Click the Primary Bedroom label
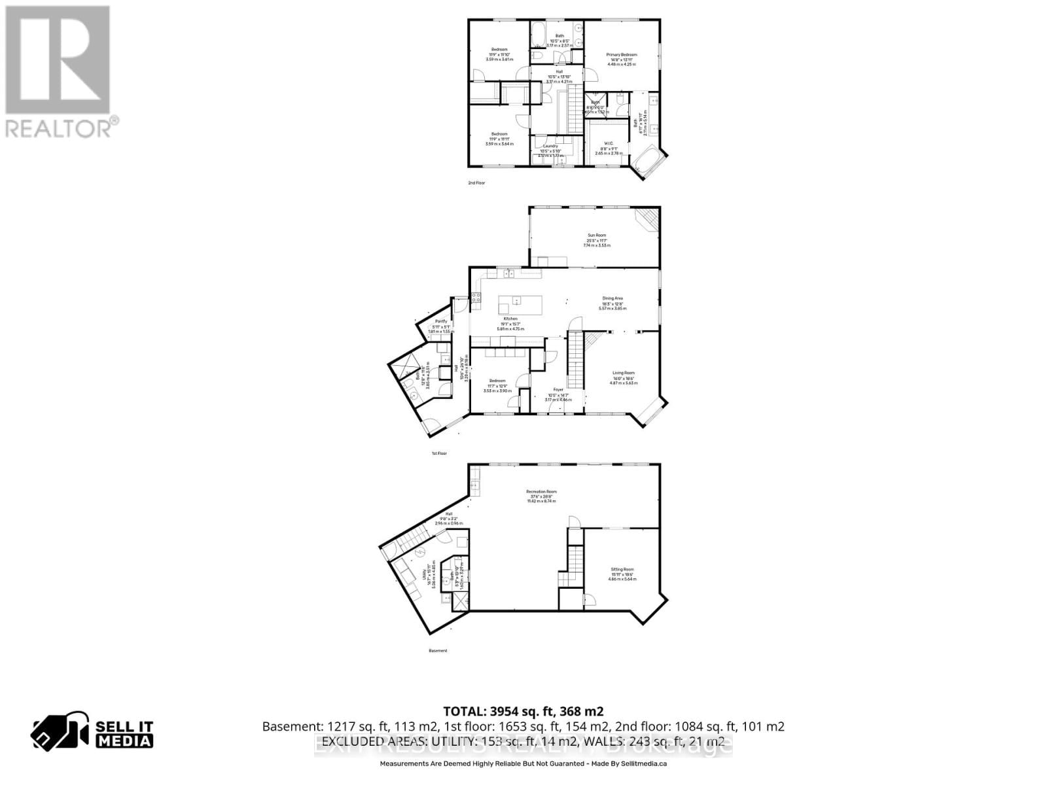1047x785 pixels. tap(621, 55)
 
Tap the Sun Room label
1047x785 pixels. tap(595, 235)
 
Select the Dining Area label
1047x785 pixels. tap(612, 298)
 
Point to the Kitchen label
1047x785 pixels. tap(510, 319)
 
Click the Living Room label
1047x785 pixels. tap(623, 373)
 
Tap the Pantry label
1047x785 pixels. tap(441, 321)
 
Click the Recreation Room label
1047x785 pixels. tap(541, 491)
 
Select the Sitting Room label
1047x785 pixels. tap(622, 569)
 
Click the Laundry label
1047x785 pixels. tap(550, 146)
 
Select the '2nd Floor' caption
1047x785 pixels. tap(476, 183)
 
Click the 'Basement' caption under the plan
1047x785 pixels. tap(438, 651)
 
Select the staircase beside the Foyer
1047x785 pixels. tap(575, 360)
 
